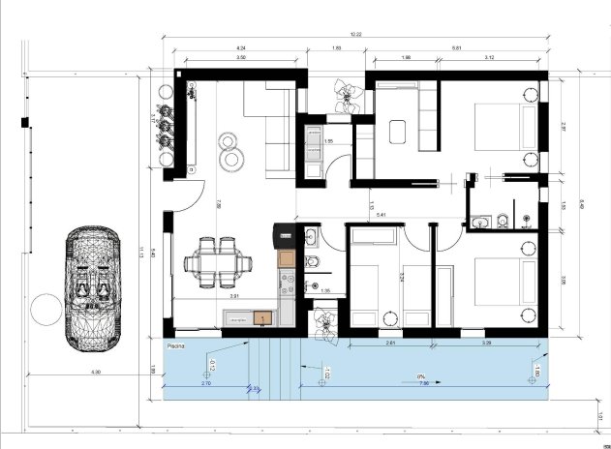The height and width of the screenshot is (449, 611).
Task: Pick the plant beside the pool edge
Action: [322, 323]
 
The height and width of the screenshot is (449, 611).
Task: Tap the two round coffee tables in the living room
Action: [231, 151]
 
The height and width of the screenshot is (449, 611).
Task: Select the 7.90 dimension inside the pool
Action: [422, 382]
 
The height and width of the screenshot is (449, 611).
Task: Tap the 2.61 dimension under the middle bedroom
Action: [389, 342]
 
